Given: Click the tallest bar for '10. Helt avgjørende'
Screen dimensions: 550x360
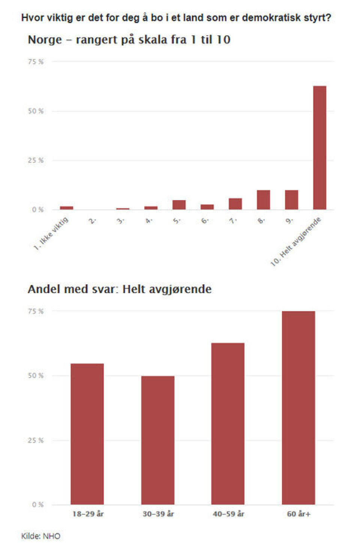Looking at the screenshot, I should coord(319,148).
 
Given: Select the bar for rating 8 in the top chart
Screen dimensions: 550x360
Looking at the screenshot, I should coord(263,200).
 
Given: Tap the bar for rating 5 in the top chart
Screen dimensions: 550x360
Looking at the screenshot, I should coord(179,205).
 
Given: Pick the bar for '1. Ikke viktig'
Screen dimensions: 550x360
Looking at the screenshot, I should coord(66,208).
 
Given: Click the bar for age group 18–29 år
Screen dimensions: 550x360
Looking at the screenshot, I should coord(87,434).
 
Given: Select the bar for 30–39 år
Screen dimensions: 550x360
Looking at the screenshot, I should coord(157,440).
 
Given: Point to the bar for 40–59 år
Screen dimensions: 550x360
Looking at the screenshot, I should coord(228,424).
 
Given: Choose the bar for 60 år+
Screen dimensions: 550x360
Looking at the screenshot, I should coord(298,408).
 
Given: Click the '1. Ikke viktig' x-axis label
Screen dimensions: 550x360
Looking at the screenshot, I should coord(51,233).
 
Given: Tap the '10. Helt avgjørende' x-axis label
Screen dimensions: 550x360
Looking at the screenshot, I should coord(296,241).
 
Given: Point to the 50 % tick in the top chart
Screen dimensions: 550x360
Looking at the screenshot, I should coord(36,111).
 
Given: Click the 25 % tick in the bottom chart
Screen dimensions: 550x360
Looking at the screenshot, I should coord(36,440).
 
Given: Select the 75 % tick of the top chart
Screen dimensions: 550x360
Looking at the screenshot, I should coord(36,62).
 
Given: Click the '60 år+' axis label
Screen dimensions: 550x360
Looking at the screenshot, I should coord(298,514).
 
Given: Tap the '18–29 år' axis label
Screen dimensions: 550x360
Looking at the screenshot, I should coord(88,514).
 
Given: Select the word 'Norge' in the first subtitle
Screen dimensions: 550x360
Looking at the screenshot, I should coord(45,40).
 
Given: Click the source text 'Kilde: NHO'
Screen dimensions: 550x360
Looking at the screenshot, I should coord(40,536).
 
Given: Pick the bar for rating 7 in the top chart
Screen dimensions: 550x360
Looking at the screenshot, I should coord(235,204).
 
